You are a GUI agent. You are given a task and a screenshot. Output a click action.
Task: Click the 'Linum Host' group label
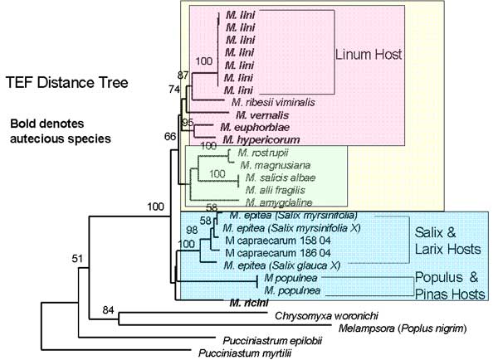click(369, 55)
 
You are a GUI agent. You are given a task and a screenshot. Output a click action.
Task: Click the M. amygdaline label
click(276, 201)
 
